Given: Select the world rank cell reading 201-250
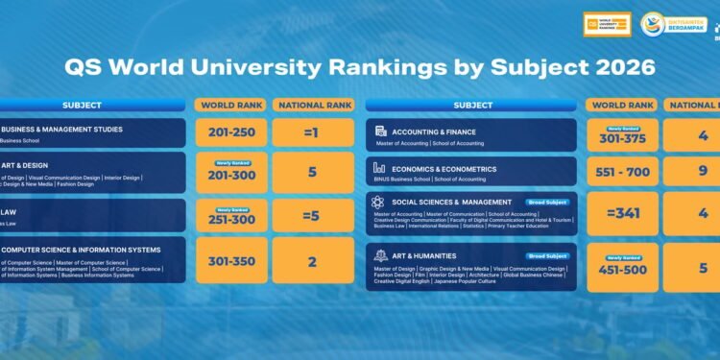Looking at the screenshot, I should coord(230,132).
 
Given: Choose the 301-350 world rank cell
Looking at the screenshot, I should coord(230,260).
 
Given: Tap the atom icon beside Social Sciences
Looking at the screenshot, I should coord(378,202).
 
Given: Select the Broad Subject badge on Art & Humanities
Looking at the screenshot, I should coord(548,255).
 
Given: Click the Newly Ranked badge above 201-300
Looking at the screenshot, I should coord(230,162).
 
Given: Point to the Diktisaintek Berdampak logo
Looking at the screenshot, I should coord(665,24).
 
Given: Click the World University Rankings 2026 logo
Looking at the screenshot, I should coord(607,24).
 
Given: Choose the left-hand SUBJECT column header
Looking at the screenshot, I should coord(83,105).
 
